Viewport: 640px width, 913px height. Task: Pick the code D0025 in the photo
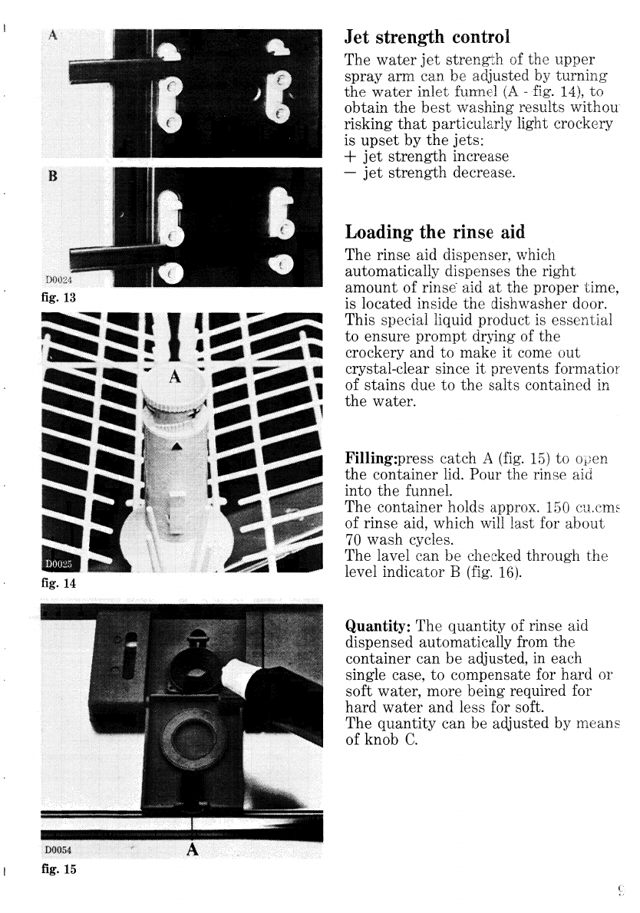pyautogui.click(x=57, y=567)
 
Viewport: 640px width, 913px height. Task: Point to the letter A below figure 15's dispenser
pyautogui.click(x=192, y=849)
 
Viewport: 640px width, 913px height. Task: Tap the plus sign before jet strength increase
pyautogui.click(x=351, y=157)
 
